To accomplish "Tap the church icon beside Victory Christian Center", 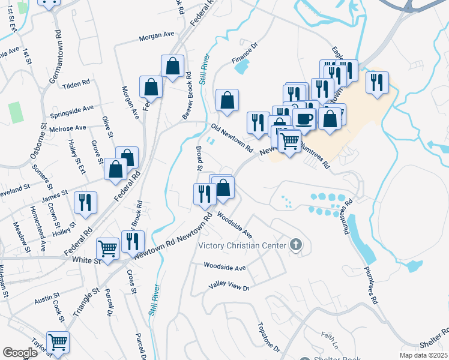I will (x=295, y=245).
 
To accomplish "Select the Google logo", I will (x=20, y=353).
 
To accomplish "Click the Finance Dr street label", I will (x=244, y=53).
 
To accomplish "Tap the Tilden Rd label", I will (x=76, y=84).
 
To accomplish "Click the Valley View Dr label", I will (x=228, y=287).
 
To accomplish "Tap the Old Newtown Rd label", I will (x=232, y=138).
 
